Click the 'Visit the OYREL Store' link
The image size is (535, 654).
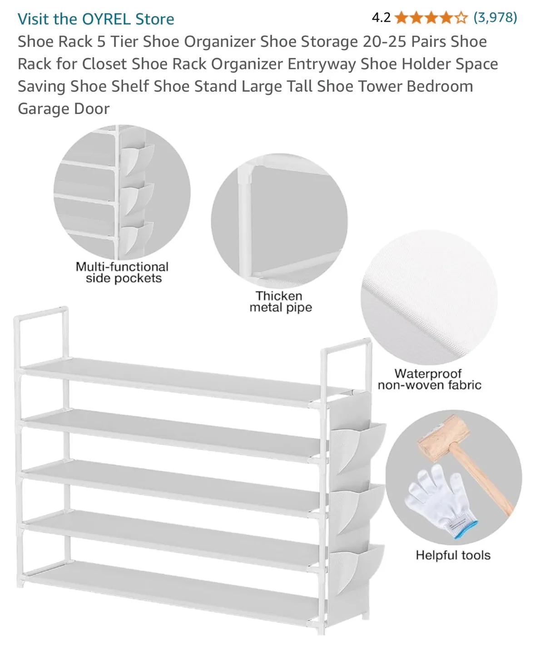[96, 19]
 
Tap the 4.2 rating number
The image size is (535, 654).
[381, 18]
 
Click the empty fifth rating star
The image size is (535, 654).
[461, 18]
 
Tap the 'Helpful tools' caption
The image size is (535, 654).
[453, 555]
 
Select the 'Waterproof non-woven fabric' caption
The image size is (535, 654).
[429, 379]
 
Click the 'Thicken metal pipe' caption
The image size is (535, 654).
[280, 302]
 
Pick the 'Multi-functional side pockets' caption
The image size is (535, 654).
[122, 272]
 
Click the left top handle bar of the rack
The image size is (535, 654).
[41, 313]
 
